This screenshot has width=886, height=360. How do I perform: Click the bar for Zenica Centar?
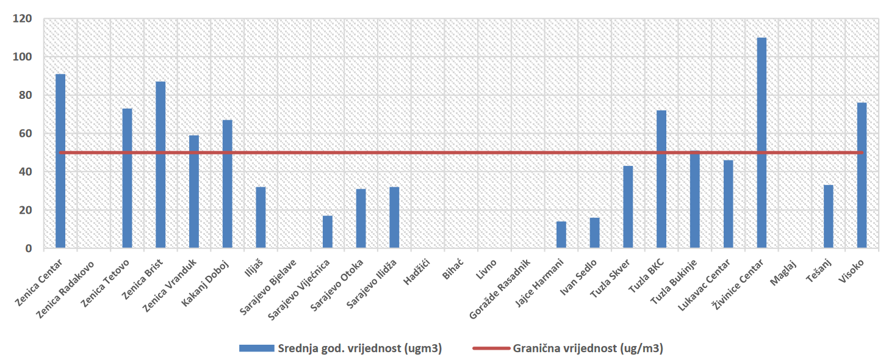pos(60,161)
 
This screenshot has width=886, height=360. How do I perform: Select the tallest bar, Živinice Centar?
pos(762,143)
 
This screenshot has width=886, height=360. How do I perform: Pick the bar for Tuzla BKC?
pos(661,179)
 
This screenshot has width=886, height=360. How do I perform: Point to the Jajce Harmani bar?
pos(561,235)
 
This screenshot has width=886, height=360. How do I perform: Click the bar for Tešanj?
pos(828,217)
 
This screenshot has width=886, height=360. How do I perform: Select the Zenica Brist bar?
pos(160,165)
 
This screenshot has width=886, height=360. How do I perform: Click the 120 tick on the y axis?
pos(23,19)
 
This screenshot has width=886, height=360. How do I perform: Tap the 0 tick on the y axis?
pos(28,248)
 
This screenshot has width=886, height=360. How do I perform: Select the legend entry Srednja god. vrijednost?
pos(360,348)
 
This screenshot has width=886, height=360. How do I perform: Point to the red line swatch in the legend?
pos(491,348)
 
